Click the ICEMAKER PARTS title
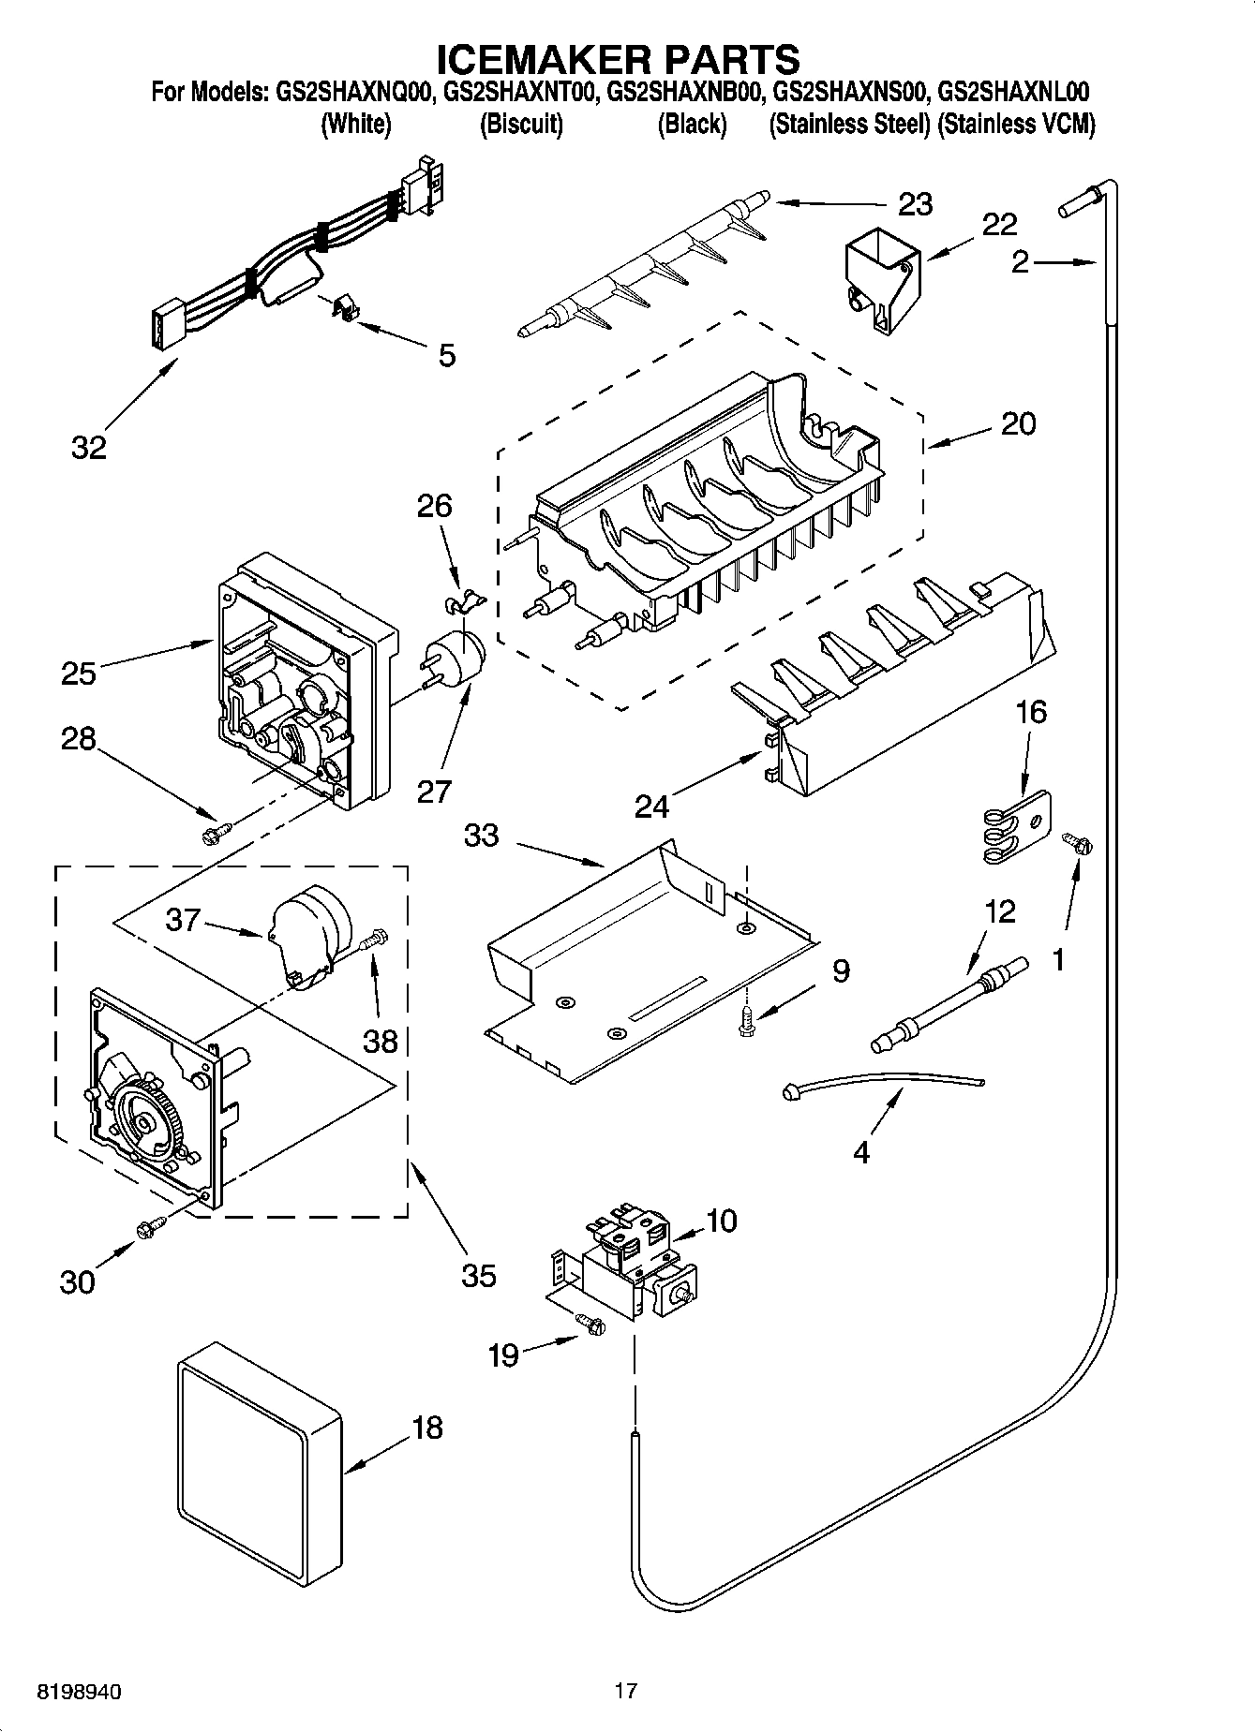619,58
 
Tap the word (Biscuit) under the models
521,125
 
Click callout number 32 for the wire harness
89,448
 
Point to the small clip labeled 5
346,308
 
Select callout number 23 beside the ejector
915,203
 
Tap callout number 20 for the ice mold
1018,423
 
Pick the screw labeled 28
216,829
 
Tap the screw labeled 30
150,1227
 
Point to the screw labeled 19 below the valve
590,1323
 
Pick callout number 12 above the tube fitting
1000,910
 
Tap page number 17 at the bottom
625,1691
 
